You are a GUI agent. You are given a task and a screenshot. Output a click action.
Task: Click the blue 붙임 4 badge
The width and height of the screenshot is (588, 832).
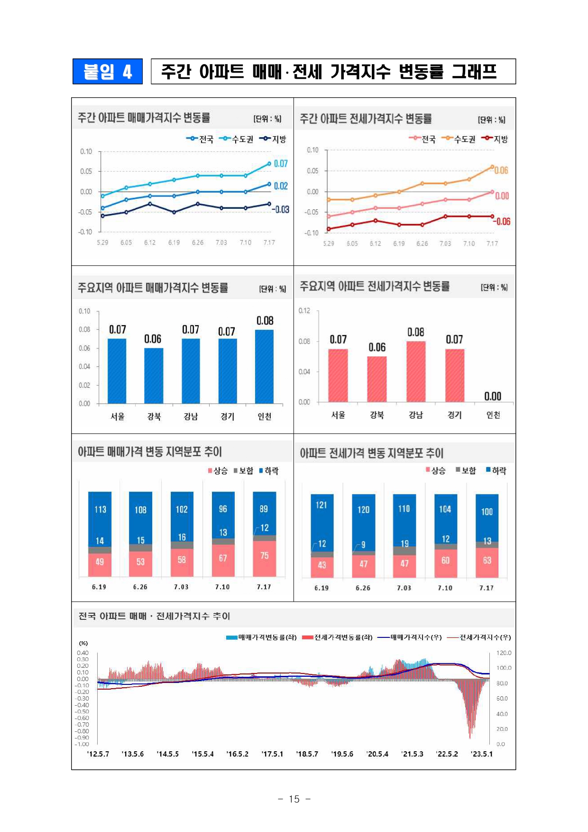[x=108, y=71]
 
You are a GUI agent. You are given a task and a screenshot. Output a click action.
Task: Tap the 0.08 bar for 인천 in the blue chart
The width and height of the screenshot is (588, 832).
[x=264, y=366]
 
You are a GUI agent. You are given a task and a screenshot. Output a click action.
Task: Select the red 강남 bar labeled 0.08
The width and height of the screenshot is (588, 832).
[x=415, y=371]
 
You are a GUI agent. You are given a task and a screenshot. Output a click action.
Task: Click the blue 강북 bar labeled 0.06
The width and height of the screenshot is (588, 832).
[x=154, y=375]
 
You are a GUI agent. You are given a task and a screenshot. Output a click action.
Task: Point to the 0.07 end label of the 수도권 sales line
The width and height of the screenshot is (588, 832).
[x=281, y=164]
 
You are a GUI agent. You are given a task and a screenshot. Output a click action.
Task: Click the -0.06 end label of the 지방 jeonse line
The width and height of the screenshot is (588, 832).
[x=502, y=222]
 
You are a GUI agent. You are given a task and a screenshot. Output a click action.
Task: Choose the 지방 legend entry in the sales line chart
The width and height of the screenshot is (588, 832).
[x=274, y=139]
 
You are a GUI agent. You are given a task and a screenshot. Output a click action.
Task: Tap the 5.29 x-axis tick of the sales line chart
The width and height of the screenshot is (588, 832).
[x=102, y=243]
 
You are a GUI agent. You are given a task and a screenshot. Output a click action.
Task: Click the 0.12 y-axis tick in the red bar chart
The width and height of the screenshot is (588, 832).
[x=304, y=311]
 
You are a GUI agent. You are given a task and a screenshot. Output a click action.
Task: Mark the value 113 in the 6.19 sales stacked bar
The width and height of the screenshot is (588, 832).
[x=100, y=509]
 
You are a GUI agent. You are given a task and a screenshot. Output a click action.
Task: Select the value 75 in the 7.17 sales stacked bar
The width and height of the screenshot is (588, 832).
[x=264, y=556]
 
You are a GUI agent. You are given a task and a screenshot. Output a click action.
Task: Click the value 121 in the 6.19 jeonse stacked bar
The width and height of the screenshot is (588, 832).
[x=322, y=505]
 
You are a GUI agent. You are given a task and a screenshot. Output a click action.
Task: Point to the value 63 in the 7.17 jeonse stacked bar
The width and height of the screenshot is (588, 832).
[x=487, y=561]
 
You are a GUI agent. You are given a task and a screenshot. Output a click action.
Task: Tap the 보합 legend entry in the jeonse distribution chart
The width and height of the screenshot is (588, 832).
[x=466, y=470]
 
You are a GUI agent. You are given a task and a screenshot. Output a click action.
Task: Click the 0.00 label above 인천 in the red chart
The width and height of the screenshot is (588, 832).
[x=493, y=396]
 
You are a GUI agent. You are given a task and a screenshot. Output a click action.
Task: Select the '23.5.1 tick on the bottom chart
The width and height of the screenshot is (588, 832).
[x=482, y=754]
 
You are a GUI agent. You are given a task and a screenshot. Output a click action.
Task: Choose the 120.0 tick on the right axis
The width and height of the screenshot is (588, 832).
[x=504, y=653]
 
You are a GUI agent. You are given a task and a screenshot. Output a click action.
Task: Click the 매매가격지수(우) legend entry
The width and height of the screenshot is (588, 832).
[x=411, y=637]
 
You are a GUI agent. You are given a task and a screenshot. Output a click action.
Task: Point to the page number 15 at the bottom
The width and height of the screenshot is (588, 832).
[x=294, y=799]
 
